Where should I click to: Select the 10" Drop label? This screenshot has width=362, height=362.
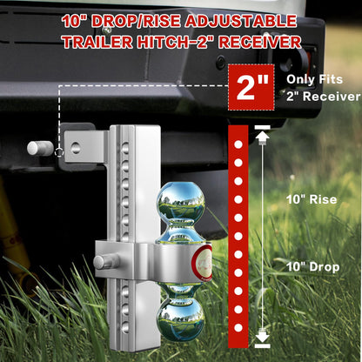coord(311,266)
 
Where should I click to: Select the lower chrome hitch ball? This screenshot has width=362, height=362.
coord(181,315)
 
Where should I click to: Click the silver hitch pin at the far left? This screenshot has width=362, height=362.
coord(39,148)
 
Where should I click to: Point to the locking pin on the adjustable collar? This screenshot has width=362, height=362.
coord(105,260)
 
